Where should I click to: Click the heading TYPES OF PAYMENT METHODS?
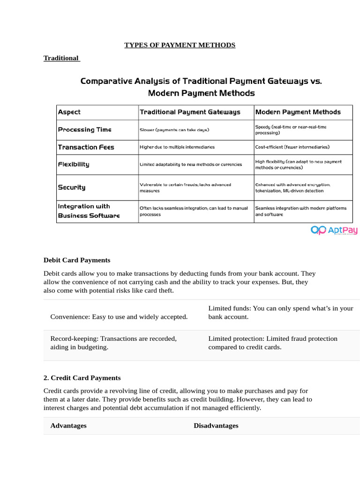pos(180,45)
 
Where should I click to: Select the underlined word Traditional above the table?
pos(61,58)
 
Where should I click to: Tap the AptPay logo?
pos(334,230)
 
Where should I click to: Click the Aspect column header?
pos(69,112)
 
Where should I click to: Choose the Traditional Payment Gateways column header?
pos(190,112)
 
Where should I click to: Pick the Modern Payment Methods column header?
pos(298,112)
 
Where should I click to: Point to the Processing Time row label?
pos(84,130)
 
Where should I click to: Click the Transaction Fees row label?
pos(86,147)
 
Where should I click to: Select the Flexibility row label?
pos(73,165)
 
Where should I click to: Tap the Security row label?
pos(71,187)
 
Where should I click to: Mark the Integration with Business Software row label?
pos(89,211)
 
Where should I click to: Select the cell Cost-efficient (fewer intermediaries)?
pos(292,147)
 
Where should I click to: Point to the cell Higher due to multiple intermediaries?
pos(177,147)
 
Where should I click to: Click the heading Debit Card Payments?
pos(77,260)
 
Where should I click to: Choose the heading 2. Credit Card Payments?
pos(82,378)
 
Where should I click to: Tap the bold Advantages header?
pos(68,426)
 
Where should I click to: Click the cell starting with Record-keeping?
pos(113,343)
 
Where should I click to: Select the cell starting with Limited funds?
pos(280,313)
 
